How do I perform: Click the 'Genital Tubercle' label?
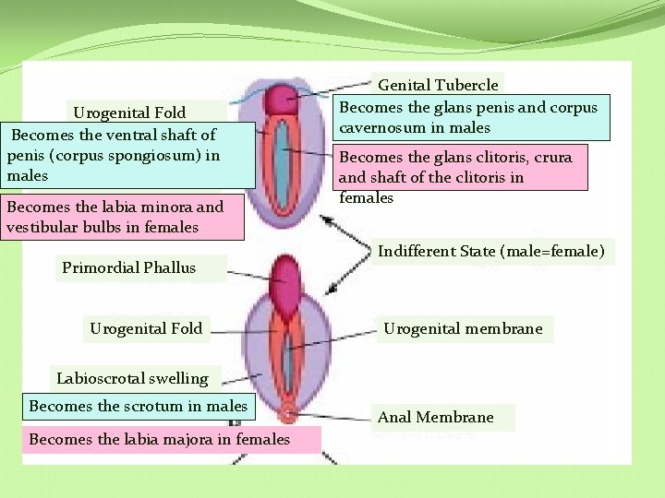pyautogui.click(x=439, y=85)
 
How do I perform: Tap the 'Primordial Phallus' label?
pyautogui.click(x=128, y=268)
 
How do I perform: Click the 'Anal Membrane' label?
pyautogui.click(x=435, y=418)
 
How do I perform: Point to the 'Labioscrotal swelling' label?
pyautogui.click(x=132, y=378)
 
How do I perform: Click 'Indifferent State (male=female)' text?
pyautogui.click(x=491, y=250)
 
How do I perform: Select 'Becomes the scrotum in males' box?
pyautogui.click(x=139, y=406)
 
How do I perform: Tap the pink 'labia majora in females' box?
pyautogui.click(x=159, y=439)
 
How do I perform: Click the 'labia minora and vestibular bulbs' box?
pyautogui.click(x=115, y=217)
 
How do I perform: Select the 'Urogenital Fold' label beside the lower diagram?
pyautogui.click(x=146, y=327)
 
